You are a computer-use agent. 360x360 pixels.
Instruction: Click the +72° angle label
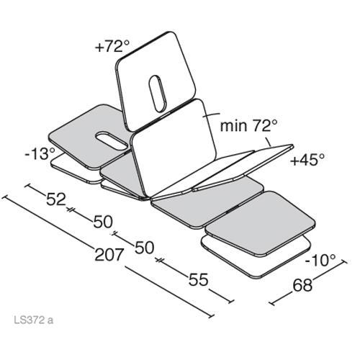(x=112, y=46)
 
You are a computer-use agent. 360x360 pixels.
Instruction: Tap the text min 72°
(x=249, y=125)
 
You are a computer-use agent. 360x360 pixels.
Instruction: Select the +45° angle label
(x=307, y=160)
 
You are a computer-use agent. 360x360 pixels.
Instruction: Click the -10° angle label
(x=320, y=260)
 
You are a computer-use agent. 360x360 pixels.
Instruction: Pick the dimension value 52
(x=56, y=199)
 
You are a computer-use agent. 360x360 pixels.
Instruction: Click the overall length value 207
(x=109, y=254)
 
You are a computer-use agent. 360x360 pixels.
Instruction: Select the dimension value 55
(x=198, y=279)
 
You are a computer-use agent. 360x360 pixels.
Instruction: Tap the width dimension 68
(x=302, y=285)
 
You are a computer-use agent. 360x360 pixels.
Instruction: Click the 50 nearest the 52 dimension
(x=103, y=222)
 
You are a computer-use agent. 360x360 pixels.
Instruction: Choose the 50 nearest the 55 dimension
(x=144, y=248)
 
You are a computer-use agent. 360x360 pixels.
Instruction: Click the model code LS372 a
(x=34, y=320)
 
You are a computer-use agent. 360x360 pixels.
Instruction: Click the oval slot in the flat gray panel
(x=112, y=140)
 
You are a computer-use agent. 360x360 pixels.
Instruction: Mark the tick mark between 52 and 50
(x=70, y=210)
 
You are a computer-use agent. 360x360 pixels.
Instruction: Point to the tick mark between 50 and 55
(x=159, y=260)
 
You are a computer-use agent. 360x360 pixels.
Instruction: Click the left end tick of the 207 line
(x=4, y=197)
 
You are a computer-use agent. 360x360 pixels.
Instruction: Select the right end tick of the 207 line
(x=211, y=315)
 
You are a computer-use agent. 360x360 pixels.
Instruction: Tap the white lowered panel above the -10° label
(x=256, y=256)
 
